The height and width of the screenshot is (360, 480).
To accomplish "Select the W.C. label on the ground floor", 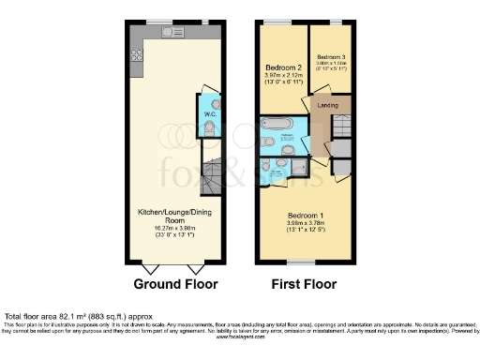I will [212, 115].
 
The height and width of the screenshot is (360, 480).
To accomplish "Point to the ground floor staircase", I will [215, 172].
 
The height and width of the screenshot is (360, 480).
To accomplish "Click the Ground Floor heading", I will [175, 284].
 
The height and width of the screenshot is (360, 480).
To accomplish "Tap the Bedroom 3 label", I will [332, 56].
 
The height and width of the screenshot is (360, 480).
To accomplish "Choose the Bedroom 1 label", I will [306, 216].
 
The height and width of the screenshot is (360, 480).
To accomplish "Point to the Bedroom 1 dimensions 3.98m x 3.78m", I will [306, 223].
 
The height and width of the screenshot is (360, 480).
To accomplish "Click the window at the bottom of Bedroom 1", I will [300, 261].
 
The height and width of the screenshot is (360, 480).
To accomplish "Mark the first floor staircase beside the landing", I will [344, 126].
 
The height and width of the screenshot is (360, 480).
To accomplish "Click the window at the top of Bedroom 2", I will [276, 22].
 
